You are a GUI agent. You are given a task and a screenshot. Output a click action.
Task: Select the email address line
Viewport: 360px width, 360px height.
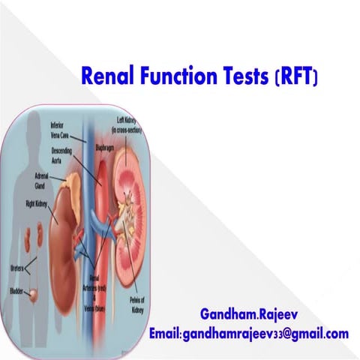pos(248,333)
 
